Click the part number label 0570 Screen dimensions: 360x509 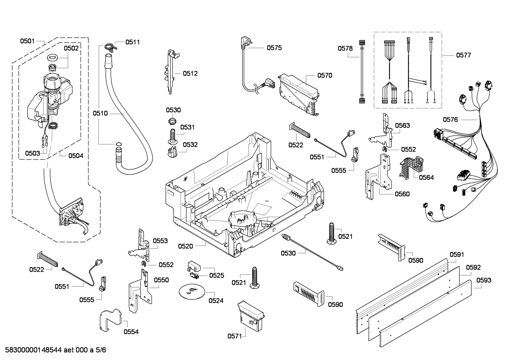pyautogui.click(x=324, y=75)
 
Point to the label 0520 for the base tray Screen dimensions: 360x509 pyautogui.click(x=185, y=246)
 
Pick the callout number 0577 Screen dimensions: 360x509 pyautogui.click(x=463, y=55)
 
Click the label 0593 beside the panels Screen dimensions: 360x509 pyautogui.click(x=484, y=280)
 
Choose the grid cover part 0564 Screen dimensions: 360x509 pyautogui.click(x=411, y=166)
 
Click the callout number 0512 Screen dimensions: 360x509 pyautogui.click(x=190, y=73)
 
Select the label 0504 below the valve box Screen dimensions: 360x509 pyautogui.click(x=76, y=155)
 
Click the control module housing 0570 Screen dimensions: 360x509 pyautogui.click(x=298, y=93)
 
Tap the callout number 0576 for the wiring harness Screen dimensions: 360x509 pyautogui.click(x=450, y=119)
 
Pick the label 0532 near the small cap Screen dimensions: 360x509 pyautogui.click(x=190, y=144)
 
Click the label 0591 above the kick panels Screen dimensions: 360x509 pyautogui.click(x=457, y=254)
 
